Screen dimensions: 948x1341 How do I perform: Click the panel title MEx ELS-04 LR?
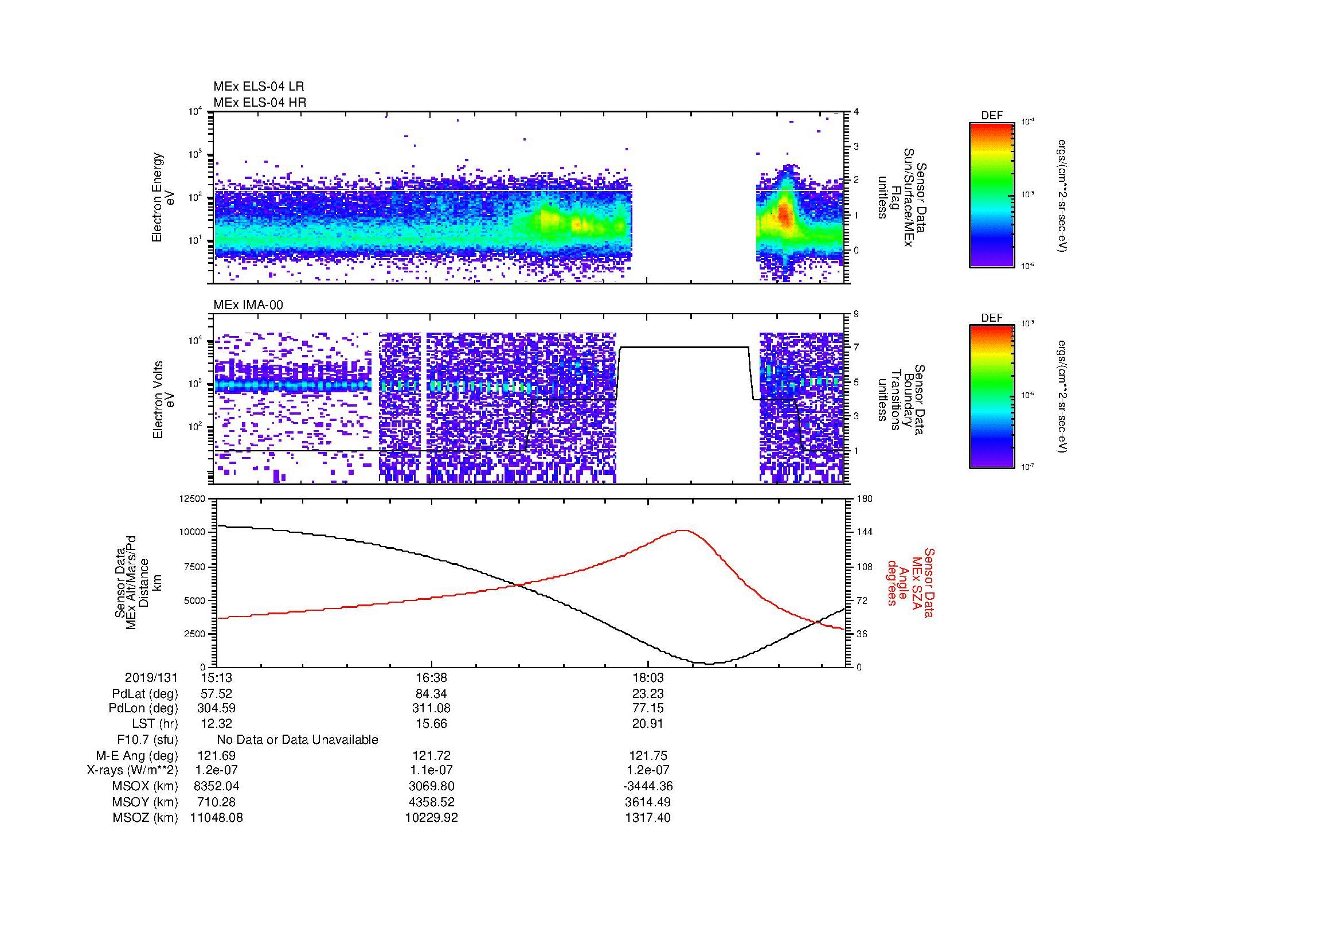258,87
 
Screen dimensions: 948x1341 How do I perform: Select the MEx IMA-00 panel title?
248,305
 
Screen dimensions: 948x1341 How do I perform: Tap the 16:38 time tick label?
431,677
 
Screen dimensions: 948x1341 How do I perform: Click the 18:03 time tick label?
648,677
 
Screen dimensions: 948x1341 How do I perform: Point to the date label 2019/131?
151,677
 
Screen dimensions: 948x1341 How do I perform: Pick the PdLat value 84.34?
431,693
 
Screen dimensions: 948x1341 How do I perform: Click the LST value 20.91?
648,724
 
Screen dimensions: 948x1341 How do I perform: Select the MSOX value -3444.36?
648,786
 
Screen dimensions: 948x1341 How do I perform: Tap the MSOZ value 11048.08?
216,818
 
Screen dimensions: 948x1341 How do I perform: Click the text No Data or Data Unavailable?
298,740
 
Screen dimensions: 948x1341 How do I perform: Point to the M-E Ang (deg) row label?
136,755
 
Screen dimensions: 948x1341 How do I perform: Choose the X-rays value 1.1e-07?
431,770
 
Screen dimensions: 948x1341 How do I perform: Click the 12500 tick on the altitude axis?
193,499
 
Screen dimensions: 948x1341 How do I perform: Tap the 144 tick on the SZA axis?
864,532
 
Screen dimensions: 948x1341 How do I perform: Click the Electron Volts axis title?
158,400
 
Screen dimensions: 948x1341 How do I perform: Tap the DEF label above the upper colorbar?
991,116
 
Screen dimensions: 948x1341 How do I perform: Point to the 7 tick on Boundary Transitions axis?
856,348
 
